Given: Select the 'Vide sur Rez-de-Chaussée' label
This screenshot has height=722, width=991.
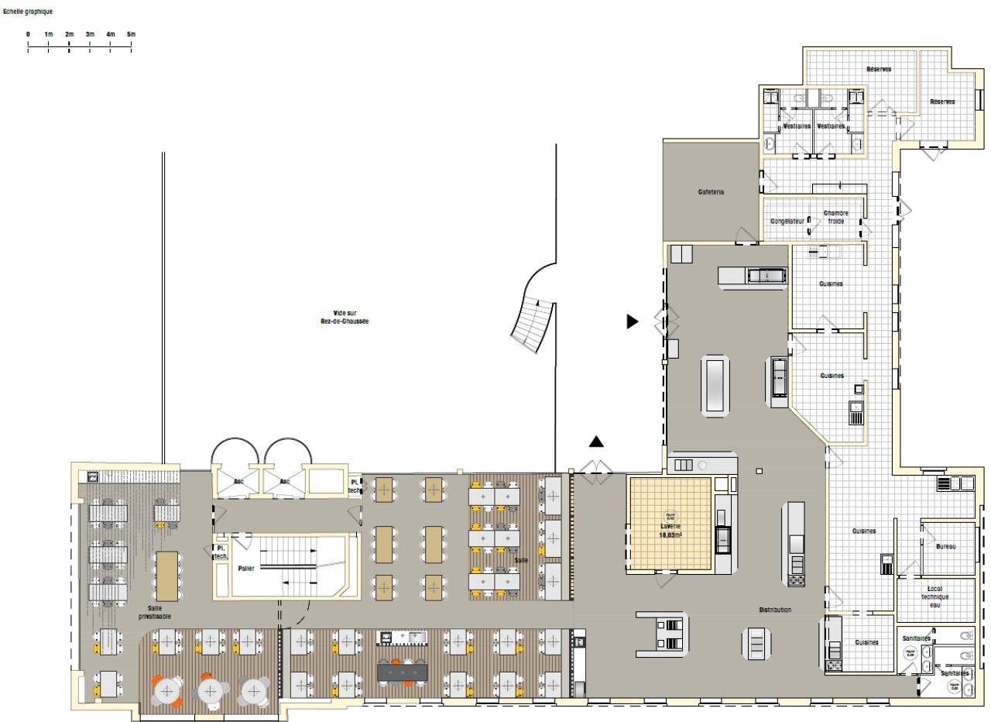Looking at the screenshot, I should click(345, 316).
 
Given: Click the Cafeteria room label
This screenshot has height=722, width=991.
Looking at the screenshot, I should click(710, 191).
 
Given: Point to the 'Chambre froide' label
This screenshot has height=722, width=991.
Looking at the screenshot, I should click(836, 217).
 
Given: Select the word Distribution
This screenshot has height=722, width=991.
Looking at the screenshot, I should click(775, 610).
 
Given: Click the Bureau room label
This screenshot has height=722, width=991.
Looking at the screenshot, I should click(945, 546).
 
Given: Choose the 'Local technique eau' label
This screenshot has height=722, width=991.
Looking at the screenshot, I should click(934, 597).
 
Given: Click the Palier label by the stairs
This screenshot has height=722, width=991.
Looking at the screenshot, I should click(246, 568).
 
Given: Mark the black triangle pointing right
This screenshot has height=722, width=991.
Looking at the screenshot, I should click(633, 321).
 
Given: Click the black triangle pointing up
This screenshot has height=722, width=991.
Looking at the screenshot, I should click(595, 442).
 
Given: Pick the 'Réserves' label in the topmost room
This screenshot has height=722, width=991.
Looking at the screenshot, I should click(879, 69).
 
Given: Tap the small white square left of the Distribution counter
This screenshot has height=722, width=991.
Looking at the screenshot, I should click(760, 472).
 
